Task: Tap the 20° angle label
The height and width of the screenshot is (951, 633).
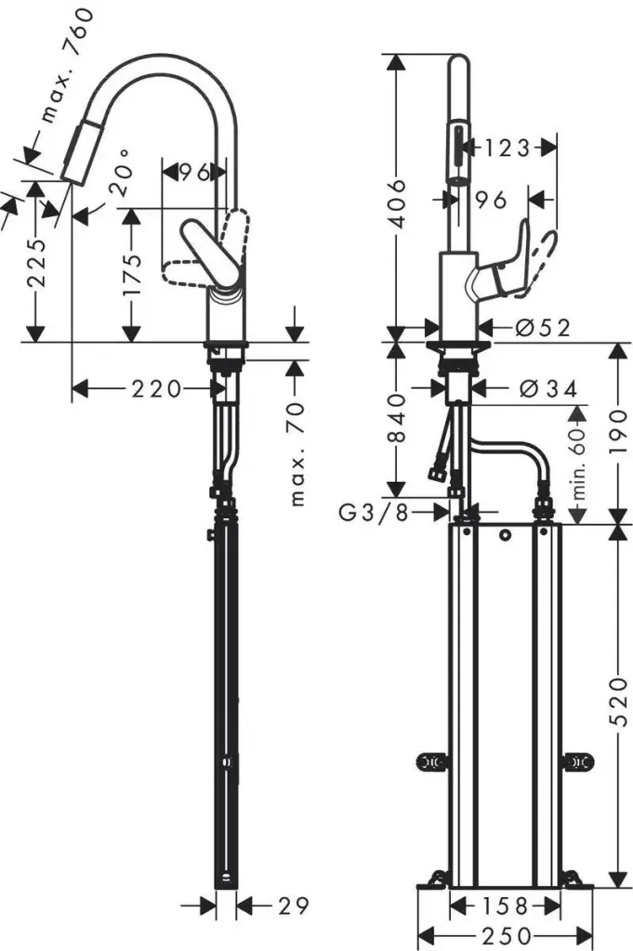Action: pyautogui.click(x=121, y=173)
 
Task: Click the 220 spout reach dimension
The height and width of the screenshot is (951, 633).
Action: pyautogui.click(x=156, y=388)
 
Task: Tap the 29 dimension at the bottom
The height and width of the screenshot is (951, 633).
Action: pyautogui.click(x=294, y=906)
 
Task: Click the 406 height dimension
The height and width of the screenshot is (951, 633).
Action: pyautogui.click(x=397, y=203)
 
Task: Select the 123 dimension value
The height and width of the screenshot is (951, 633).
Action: pyautogui.click(x=507, y=148)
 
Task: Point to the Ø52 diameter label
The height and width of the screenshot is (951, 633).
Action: pyautogui.click(x=543, y=328)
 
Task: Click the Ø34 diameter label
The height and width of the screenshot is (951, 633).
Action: pyautogui.click(x=548, y=388)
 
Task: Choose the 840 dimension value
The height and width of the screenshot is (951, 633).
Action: pyautogui.click(x=397, y=419)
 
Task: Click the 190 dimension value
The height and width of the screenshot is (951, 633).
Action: pyautogui.click(x=618, y=434)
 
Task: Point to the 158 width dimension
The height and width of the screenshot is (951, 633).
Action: pyautogui.click(x=505, y=906)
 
